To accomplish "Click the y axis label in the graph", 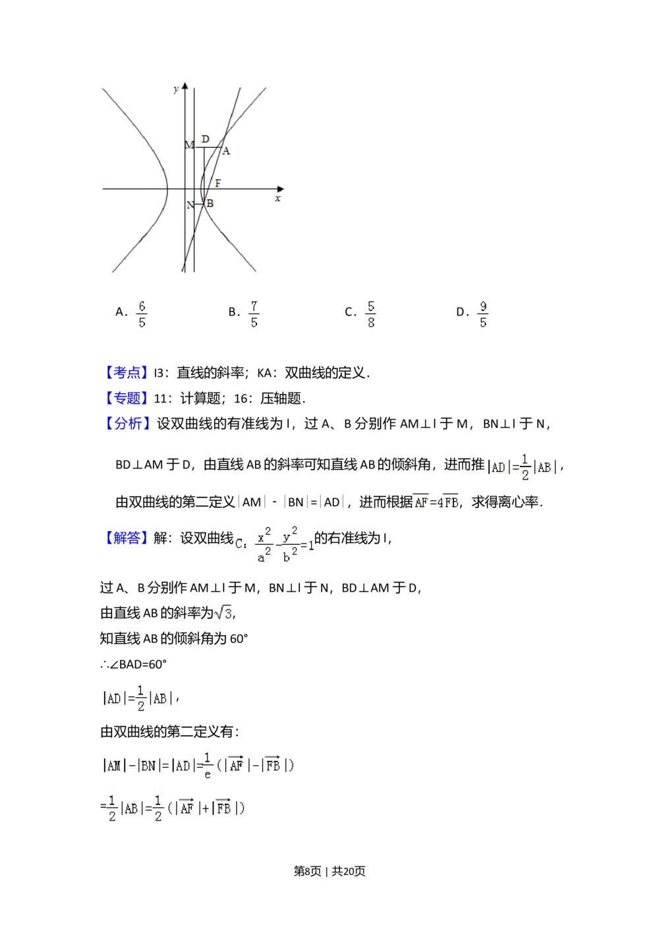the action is [x=175, y=89].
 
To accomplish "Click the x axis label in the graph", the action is [x=277, y=198].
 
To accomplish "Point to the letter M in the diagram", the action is [x=189, y=145].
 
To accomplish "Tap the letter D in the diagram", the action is [x=205, y=139].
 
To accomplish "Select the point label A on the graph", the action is [x=226, y=152].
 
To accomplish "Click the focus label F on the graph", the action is [x=217, y=183].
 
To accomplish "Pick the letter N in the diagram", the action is [x=190, y=205].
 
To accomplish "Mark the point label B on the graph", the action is [x=210, y=204].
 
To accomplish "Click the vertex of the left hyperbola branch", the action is [x=167, y=189].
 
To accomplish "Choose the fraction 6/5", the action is [x=140, y=314].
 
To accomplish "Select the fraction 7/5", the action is [x=255, y=314].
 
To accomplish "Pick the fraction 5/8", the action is [x=371, y=314].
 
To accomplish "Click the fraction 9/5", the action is [x=482, y=314].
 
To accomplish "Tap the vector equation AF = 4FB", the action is [x=435, y=502].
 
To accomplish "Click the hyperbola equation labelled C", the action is [x=274, y=546].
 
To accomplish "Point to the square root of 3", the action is [x=221, y=612].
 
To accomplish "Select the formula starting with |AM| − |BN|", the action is [x=196, y=765].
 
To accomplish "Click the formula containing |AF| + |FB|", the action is [x=177, y=808].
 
